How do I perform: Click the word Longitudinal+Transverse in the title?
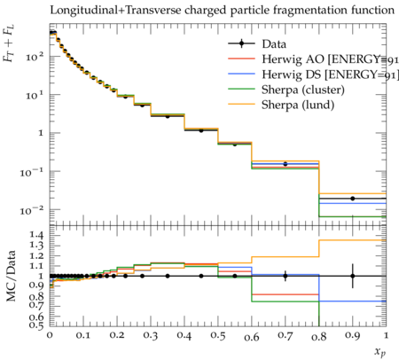[x=115, y=10]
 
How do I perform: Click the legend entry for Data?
[x=274, y=44]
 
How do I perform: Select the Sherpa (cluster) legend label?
[x=303, y=90]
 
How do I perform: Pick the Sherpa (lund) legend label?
[x=298, y=105]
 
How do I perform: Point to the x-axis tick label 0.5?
[x=218, y=336]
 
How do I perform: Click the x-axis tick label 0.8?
[x=319, y=336]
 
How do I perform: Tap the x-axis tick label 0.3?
[x=151, y=336]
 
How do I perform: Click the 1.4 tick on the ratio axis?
[x=36, y=235]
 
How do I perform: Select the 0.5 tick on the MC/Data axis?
[x=36, y=325]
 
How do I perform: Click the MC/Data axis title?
[x=11, y=276]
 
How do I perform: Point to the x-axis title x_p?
[x=380, y=351]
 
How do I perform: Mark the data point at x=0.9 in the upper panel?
[x=353, y=199]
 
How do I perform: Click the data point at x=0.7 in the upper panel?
[x=286, y=164]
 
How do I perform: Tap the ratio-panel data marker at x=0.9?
[x=353, y=276]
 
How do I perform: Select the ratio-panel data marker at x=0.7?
[x=286, y=276]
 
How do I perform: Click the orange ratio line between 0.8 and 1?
[x=353, y=240]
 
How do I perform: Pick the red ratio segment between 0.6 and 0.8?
[x=286, y=294]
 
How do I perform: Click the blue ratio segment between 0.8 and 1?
[x=353, y=301]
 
